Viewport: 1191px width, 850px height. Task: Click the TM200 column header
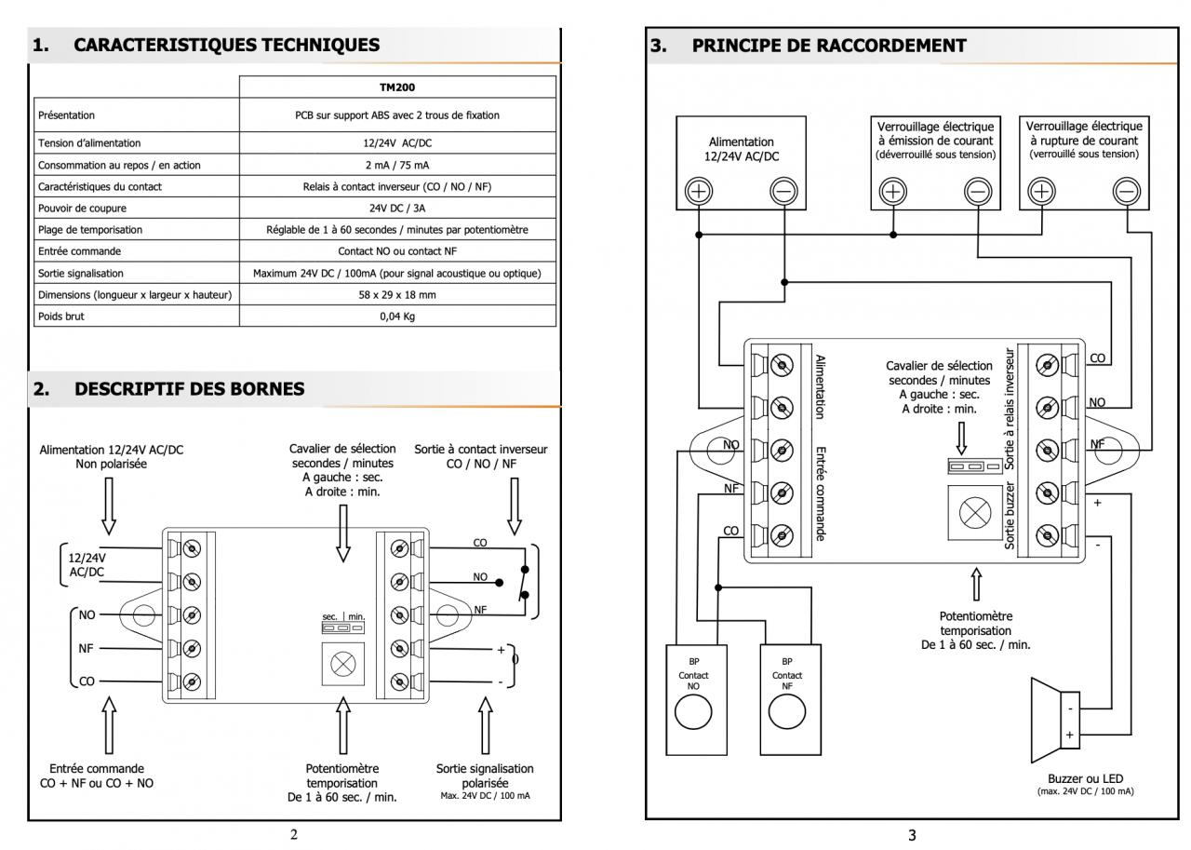397,88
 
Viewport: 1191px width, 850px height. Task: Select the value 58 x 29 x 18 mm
397,295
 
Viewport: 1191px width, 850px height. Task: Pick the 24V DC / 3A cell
397,208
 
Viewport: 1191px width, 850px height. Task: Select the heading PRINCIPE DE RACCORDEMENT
829,46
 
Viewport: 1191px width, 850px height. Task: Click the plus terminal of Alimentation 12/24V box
700,191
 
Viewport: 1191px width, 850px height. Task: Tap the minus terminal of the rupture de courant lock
1127,191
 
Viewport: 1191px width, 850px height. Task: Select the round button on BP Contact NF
786,718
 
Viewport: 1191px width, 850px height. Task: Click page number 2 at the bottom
294,835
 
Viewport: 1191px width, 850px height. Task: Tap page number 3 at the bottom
911,835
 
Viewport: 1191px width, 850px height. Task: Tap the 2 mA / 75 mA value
397,165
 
